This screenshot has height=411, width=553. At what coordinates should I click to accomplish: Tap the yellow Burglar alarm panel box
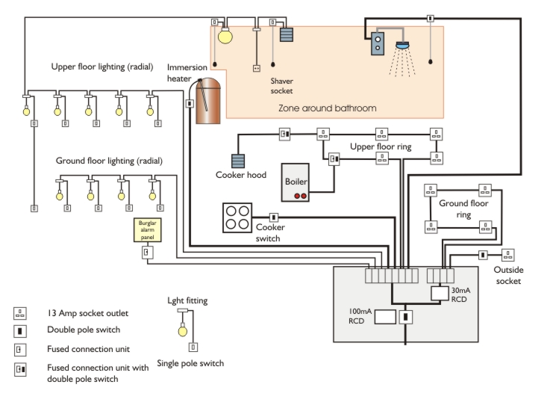coord(147,231)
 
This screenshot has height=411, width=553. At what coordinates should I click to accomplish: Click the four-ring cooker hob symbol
coord(238,217)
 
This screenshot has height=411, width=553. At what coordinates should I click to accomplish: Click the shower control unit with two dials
coord(378,43)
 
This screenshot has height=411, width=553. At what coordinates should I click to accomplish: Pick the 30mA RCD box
coord(440,293)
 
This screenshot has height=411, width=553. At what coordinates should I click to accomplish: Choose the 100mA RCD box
coord(384,317)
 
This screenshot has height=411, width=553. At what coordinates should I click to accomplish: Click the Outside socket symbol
coord(507,254)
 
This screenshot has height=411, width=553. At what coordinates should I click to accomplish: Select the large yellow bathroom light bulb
coord(225,34)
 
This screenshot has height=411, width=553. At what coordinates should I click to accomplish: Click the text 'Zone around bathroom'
coord(327,108)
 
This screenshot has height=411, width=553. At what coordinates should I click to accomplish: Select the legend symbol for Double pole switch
coord(21,330)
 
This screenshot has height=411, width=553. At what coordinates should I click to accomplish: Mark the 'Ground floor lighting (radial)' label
coord(109,161)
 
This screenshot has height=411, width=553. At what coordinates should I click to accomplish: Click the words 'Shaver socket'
coord(282,84)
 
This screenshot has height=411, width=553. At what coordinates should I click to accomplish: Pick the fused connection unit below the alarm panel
coord(147,252)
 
